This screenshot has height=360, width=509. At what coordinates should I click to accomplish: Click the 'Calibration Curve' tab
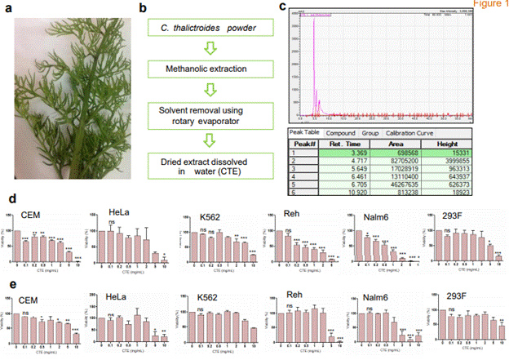coord(410,133)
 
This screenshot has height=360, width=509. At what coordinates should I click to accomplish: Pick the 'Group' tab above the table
coord(371,133)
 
